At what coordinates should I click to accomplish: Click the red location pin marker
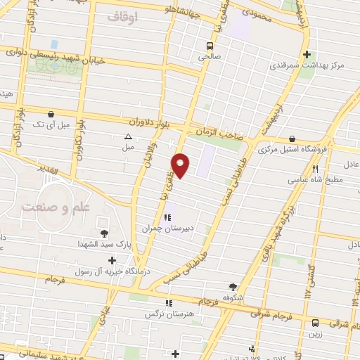[181, 165]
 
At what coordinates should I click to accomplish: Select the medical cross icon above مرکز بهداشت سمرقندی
[307, 54]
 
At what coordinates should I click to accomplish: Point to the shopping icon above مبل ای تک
[50, 114]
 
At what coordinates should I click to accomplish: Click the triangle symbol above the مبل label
[128, 137]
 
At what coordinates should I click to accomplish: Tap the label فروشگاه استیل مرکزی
[290, 150]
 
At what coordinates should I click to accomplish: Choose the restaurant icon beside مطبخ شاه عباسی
[316, 169]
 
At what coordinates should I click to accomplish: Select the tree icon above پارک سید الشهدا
[105, 233]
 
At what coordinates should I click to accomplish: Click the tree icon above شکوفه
[233, 286]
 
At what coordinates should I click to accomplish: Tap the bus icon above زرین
[314, 323]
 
